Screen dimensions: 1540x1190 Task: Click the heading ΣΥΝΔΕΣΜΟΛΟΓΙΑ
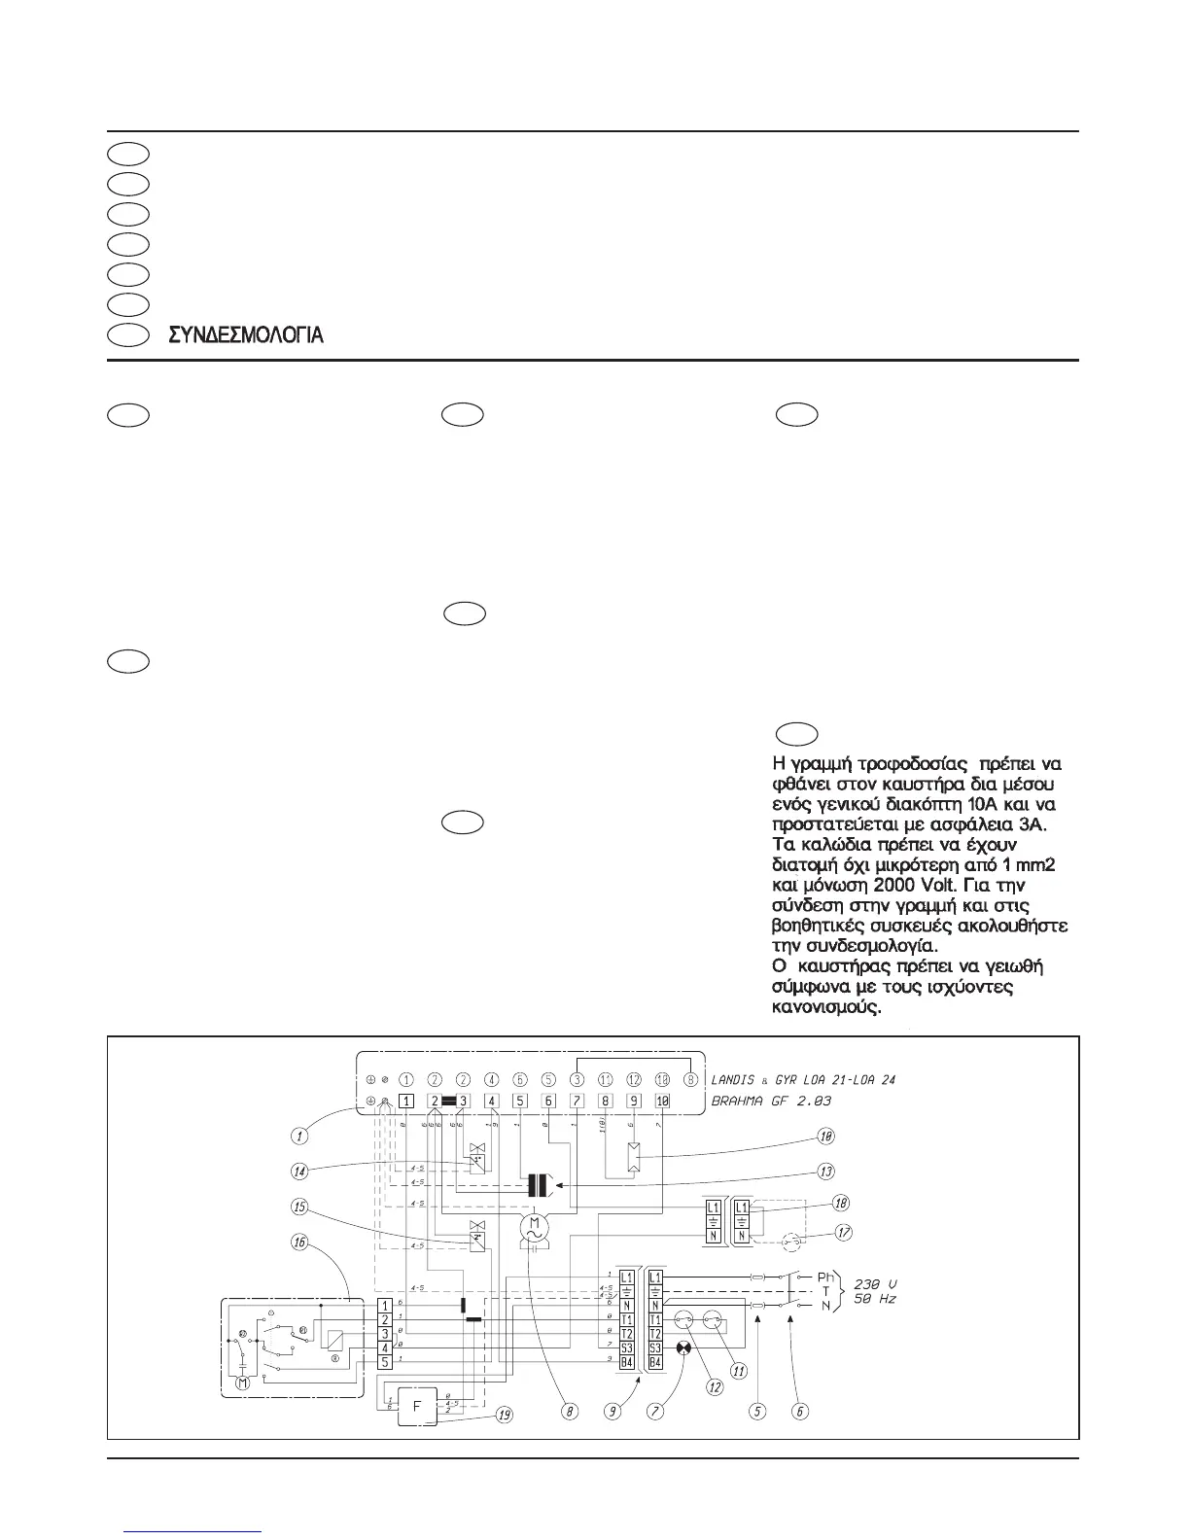[246, 335]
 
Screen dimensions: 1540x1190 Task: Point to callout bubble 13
[827, 1171]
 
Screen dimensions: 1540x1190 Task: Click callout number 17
[844, 1233]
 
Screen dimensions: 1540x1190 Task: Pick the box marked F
[417, 1407]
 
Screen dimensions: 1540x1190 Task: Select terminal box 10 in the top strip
[663, 1101]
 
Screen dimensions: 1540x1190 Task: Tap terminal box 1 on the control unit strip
[406, 1101]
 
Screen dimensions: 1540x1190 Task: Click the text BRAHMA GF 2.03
[771, 1101]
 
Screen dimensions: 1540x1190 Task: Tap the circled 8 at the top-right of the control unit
[691, 1078]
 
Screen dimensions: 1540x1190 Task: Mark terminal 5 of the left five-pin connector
[385, 1362]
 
